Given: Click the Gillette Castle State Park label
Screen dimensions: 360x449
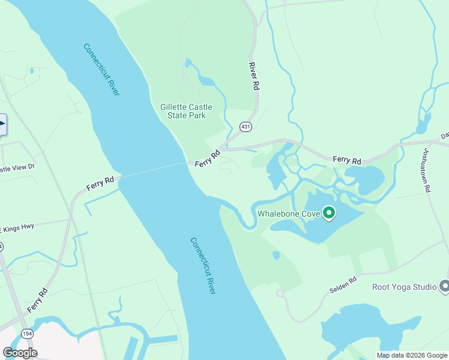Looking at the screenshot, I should pyautogui.click(x=182, y=111).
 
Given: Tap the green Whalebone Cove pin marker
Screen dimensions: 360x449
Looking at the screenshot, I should pyautogui.click(x=329, y=212).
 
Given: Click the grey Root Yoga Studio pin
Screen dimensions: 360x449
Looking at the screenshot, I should pyautogui.click(x=444, y=287).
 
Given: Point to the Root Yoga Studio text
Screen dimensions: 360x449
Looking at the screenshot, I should pyautogui.click(x=404, y=287).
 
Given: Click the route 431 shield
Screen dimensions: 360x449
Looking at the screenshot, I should pyautogui.click(x=246, y=127).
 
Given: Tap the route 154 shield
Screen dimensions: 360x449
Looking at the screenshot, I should pyautogui.click(x=26, y=334).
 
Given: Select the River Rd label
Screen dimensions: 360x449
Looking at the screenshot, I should pyautogui.click(x=255, y=76).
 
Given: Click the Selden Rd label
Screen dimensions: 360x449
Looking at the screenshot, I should pyautogui.click(x=343, y=285).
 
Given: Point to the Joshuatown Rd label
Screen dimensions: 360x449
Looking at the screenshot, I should pyautogui.click(x=428, y=170).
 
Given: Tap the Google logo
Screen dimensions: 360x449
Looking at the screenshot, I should pyautogui.click(x=20, y=353).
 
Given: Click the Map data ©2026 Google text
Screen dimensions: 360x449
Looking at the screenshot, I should pyautogui.click(x=412, y=355).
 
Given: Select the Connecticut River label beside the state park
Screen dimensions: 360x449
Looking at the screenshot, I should pyautogui.click(x=101, y=70).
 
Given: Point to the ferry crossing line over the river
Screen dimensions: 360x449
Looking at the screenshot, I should pyautogui.click(x=153, y=170).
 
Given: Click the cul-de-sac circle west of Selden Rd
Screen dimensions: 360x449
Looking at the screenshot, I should pyautogui.click(x=280, y=293).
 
